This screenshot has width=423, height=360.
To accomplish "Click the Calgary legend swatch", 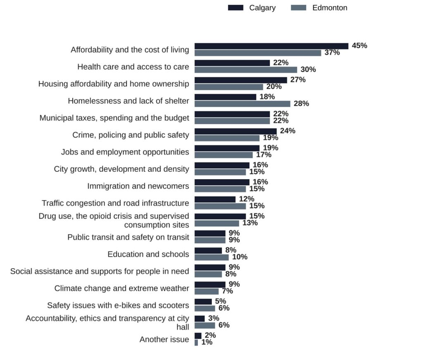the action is coord(235,8).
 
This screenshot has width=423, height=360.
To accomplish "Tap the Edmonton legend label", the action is coord(330,8).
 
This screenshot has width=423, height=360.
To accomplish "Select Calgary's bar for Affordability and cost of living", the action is coord(271,46).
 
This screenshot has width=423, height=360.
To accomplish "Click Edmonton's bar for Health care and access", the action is coord(246,70).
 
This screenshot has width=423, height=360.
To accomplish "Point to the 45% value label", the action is coord(359,45).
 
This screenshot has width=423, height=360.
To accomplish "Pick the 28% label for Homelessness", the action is coord(301,104).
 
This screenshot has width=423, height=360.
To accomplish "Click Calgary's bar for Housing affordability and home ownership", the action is coord(241,80).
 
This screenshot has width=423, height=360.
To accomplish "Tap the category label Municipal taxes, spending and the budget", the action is coord(114,118).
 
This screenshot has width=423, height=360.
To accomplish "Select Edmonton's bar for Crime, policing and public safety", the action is coord(227,138).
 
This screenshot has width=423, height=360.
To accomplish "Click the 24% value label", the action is coord(288,131).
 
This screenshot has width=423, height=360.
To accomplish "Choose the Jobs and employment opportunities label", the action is coord(125,152).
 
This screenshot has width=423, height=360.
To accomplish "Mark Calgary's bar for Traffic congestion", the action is coord(215,199).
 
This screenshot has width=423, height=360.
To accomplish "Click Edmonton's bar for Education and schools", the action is coord(211,257).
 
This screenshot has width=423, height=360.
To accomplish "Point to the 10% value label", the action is coord(240,257).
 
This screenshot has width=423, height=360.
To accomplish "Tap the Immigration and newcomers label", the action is coord(138,186).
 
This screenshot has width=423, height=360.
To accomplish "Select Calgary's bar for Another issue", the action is coord(198,336).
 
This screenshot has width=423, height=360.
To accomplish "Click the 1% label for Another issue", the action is coord(207,342).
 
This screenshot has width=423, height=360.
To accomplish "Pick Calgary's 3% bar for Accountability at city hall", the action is coord(200,319).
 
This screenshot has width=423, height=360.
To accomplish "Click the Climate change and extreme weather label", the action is coord(122,288).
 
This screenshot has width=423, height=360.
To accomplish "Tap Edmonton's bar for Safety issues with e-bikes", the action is coord(205,308).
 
